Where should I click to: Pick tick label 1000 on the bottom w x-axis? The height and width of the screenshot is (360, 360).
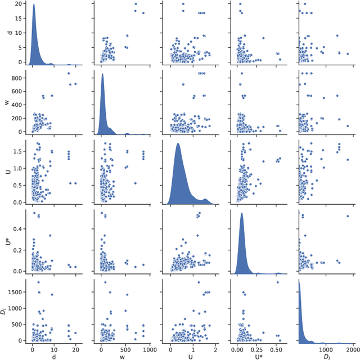tap(149, 348)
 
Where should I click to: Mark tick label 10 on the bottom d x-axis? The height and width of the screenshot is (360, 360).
tap(54, 348)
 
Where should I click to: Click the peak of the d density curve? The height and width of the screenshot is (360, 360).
tap(34, 5)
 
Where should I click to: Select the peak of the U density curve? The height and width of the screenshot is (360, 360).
tap(178, 144)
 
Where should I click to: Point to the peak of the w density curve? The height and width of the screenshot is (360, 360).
tap(102, 74)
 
